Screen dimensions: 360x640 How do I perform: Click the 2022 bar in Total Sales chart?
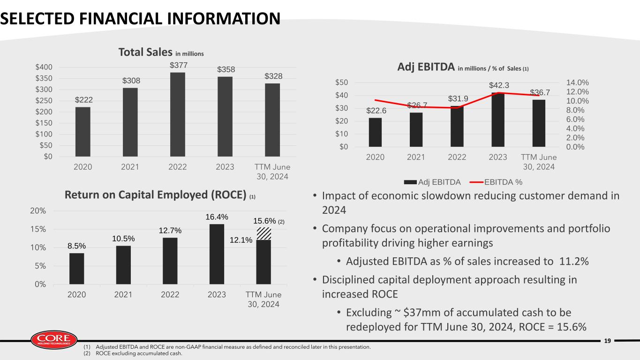pos(178,114)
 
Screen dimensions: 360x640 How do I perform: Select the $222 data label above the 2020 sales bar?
pos(83,100)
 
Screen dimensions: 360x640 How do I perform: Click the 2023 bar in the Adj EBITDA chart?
pos(498,120)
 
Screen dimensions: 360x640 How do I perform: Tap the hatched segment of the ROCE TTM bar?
pos(264,233)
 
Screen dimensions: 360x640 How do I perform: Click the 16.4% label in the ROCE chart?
pos(217,217)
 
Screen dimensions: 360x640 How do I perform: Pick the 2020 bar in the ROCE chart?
pos(77,269)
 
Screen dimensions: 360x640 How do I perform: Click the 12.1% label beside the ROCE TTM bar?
pos(241,240)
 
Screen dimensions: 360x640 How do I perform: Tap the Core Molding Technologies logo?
pos(53,339)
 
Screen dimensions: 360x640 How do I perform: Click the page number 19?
pos(608,341)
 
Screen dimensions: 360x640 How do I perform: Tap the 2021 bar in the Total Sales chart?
pos(130,122)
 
